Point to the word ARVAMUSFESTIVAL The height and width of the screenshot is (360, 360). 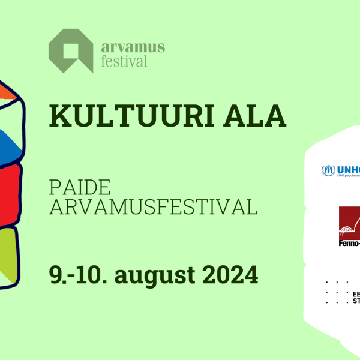pos(153,206)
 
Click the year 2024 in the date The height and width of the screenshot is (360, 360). pos(230,276)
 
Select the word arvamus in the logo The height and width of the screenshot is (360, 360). pos(133,47)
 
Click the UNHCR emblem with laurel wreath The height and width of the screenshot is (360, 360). pos(328,170)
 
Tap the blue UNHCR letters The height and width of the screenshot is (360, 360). pos(349,170)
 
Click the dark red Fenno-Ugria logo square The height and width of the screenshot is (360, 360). pos(350,223)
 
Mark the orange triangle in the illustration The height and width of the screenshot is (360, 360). pos(7,91)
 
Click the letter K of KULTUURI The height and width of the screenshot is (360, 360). pos(59,116)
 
